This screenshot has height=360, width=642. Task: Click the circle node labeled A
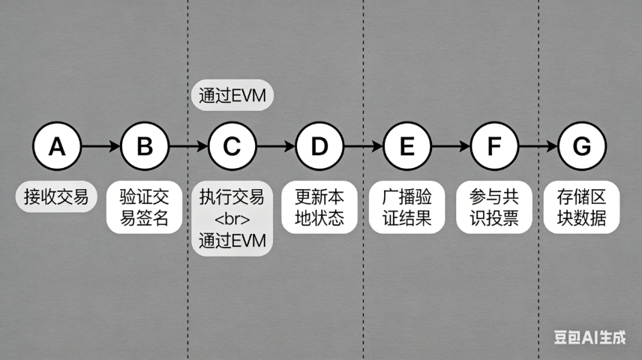click(57, 146)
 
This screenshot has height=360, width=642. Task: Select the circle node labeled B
click(144, 146)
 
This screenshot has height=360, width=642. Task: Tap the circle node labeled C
click(232, 146)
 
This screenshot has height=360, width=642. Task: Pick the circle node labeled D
click(319, 146)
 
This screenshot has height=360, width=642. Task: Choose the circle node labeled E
click(406, 146)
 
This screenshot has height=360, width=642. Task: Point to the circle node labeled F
click(494, 146)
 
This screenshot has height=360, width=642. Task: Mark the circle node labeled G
click(582, 146)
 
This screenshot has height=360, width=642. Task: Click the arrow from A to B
click(100, 146)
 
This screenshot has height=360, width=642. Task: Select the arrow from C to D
click(275, 146)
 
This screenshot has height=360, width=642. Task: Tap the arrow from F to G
click(538, 146)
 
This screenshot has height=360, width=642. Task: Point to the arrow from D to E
click(363, 146)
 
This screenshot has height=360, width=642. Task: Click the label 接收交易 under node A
click(56, 198)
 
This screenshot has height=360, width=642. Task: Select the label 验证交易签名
click(144, 208)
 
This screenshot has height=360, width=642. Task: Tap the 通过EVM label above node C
click(232, 96)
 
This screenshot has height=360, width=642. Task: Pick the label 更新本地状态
click(319, 208)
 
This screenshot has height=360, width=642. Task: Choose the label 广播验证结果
click(406, 208)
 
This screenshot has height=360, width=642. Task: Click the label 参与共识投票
click(494, 208)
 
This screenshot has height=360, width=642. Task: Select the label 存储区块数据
click(582, 208)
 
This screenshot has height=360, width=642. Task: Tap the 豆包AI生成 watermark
click(589, 337)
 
